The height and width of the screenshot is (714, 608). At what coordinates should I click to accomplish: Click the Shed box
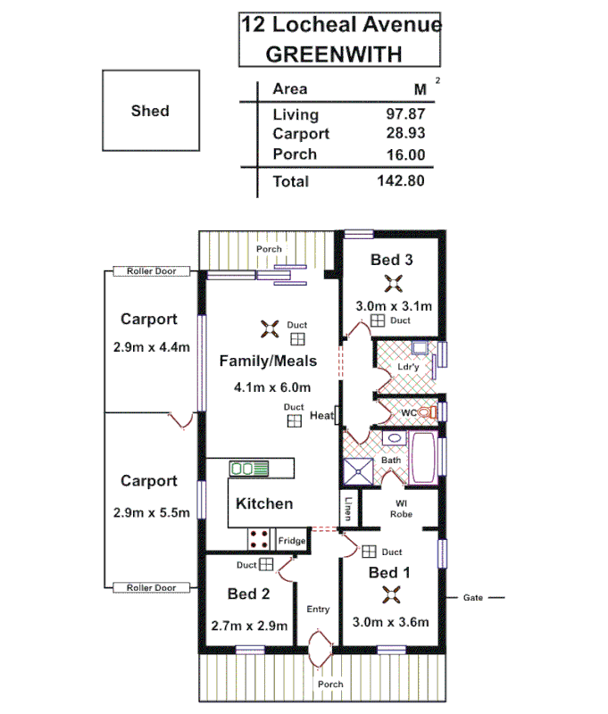click(x=149, y=112)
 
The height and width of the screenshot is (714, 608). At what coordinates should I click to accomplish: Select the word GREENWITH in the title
click(x=334, y=54)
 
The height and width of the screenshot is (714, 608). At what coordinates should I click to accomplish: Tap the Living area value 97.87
click(x=405, y=114)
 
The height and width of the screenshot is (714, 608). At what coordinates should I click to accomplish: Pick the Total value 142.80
click(x=399, y=181)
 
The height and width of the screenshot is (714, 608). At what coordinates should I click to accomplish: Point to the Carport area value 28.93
click(x=405, y=134)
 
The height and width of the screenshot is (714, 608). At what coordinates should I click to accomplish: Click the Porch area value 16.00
click(x=405, y=154)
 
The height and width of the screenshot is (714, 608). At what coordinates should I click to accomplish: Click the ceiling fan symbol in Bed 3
click(x=392, y=284)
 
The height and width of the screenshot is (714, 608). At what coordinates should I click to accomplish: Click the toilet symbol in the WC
click(x=432, y=411)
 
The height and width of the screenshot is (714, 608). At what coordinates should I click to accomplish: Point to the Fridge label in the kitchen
click(x=292, y=541)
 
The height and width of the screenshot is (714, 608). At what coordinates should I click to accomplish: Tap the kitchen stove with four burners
click(x=261, y=538)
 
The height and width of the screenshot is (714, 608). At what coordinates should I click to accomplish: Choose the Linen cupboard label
click(x=347, y=509)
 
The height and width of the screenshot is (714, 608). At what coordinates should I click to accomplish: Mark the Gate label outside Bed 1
click(x=473, y=597)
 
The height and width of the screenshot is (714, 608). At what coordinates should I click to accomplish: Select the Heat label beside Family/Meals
click(x=321, y=416)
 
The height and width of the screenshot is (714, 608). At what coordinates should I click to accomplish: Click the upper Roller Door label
click(x=151, y=271)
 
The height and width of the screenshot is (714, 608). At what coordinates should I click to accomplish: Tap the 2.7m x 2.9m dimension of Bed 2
click(x=248, y=627)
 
